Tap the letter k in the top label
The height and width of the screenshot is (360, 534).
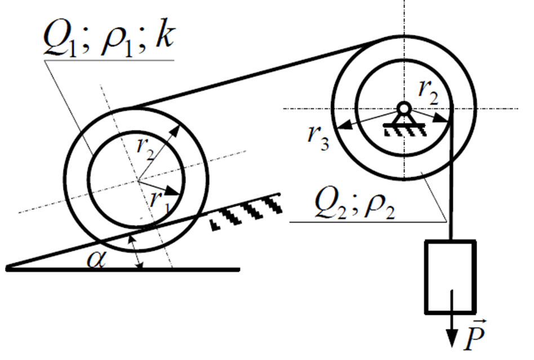[165, 35]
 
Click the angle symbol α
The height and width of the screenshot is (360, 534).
[97, 260]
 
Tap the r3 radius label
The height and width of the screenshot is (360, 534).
[318, 137]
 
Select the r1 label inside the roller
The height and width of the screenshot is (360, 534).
[159, 203]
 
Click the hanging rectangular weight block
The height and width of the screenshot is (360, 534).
[450, 277]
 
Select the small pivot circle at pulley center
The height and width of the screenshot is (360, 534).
[404, 109]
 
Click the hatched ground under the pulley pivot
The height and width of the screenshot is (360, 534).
[405, 130]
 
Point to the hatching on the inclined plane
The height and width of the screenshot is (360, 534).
[246, 212]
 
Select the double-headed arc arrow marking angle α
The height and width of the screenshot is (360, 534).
[136, 252]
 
